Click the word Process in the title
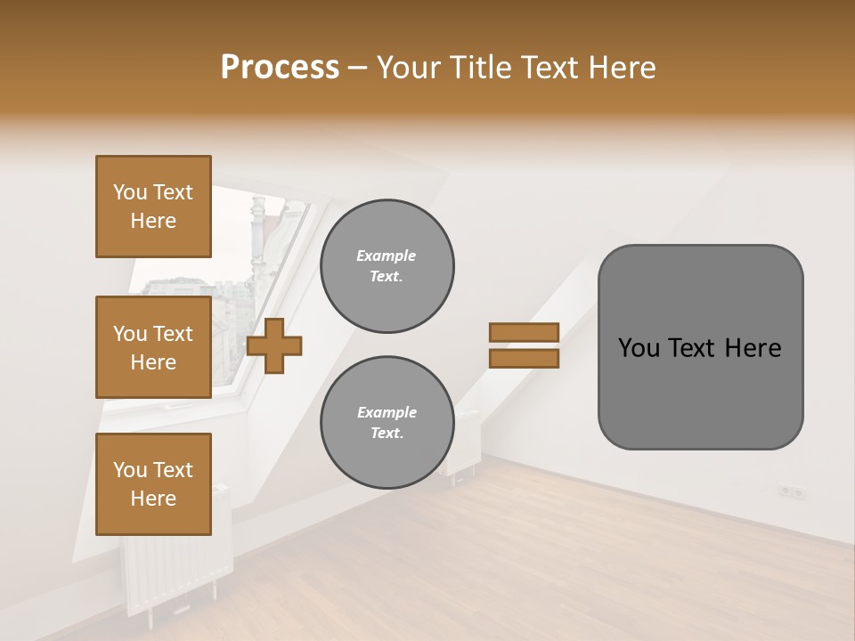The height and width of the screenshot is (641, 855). click(x=280, y=68)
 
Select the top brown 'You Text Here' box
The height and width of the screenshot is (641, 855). click(x=153, y=207)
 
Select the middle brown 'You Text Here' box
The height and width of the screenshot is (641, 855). click(x=153, y=347)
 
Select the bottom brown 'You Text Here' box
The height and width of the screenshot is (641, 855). click(x=153, y=483)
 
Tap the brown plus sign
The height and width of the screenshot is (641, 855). click(x=274, y=345)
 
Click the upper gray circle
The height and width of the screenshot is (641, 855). click(x=387, y=266)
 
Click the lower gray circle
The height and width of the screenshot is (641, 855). click(x=387, y=423)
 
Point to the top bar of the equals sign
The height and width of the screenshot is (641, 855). click(x=524, y=332)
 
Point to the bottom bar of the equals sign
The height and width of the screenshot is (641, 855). click(x=524, y=358)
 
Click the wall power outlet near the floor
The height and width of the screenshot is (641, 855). click(x=791, y=491)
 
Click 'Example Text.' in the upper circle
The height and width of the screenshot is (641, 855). click(x=387, y=266)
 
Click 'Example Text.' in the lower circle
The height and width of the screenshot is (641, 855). click(x=387, y=423)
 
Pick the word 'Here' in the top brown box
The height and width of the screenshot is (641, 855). click(x=153, y=221)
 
